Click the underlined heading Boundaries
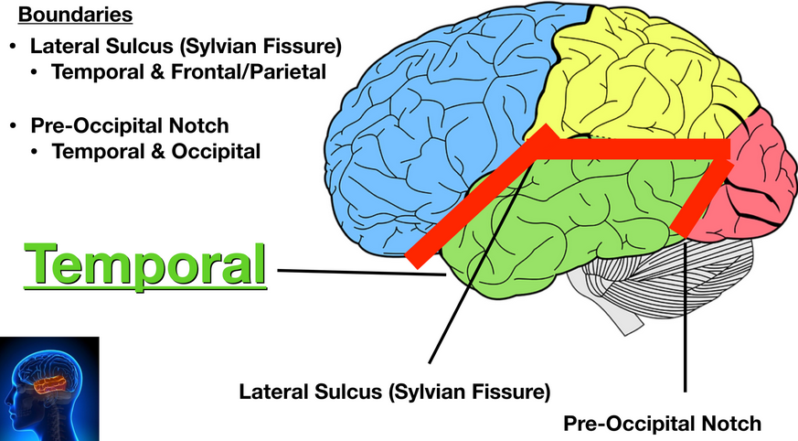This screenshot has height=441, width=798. [x=75, y=16]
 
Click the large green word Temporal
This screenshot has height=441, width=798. [x=146, y=264]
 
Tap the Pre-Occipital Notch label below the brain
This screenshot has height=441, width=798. [x=662, y=424]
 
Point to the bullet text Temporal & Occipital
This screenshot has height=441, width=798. [x=156, y=151]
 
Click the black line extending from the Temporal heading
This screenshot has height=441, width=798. [x=356, y=271]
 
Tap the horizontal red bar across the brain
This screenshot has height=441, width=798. [x=640, y=147]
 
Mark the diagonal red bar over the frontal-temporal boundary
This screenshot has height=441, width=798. [x=475, y=197]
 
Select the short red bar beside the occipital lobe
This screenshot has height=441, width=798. [x=704, y=197]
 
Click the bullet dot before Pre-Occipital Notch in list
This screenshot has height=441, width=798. [x=14, y=125]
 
